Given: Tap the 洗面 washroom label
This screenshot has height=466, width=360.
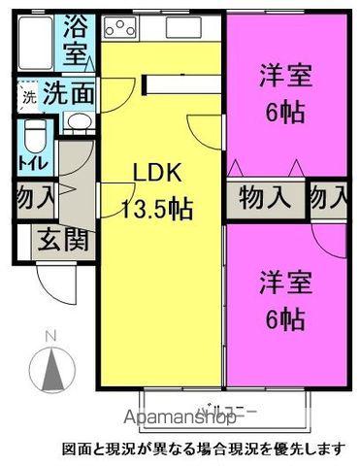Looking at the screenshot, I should (x=69, y=95).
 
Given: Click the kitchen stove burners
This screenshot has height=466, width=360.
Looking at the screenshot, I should (x=120, y=30).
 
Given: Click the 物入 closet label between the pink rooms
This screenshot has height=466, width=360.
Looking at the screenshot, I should (x=264, y=197).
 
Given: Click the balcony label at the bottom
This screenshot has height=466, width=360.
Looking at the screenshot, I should (x=229, y=409).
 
